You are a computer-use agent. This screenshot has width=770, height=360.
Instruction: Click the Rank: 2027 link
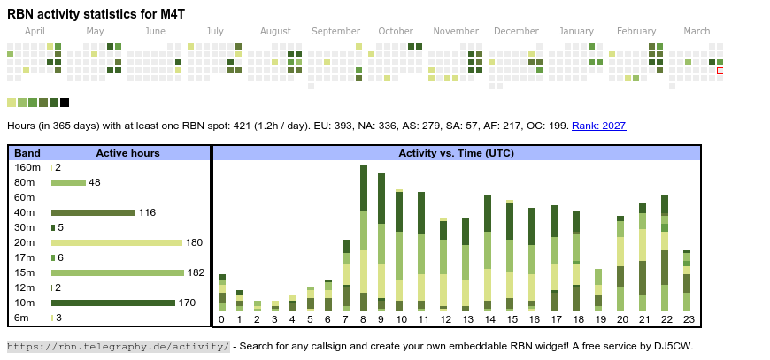tap(598, 126)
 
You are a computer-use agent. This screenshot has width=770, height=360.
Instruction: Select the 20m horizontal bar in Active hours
tap(117, 242)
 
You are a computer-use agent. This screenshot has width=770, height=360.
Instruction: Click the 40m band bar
tap(93, 212)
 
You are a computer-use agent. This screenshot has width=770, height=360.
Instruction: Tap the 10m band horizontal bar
tap(112, 303)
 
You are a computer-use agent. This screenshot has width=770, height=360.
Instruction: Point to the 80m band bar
tap(68, 182)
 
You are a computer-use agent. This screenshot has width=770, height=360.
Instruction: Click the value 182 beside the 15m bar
tap(196, 272)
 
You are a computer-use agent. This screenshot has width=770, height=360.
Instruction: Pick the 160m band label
tap(27, 167)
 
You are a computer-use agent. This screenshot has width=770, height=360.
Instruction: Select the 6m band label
tap(21, 318)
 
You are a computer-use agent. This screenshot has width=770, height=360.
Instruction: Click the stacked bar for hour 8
tap(364, 238)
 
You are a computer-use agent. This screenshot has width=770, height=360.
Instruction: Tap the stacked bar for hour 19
tap(598, 289)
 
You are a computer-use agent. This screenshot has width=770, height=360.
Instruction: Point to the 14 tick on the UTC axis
tap(488, 319)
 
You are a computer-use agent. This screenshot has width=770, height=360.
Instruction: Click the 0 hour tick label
tap(221, 319)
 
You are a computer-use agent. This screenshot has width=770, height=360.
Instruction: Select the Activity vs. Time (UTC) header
tap(456, 153)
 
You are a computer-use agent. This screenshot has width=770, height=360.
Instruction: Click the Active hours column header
tap(127, 153)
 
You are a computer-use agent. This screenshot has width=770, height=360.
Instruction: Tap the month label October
tap(396, 31)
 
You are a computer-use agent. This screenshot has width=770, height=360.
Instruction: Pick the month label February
tap(636, 31)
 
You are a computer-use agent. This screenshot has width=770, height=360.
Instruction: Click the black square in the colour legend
tap(65, 103)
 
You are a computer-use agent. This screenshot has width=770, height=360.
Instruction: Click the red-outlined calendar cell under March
tap(720, 71)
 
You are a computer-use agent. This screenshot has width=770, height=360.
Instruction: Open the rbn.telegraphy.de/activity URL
tap(119, 346)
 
